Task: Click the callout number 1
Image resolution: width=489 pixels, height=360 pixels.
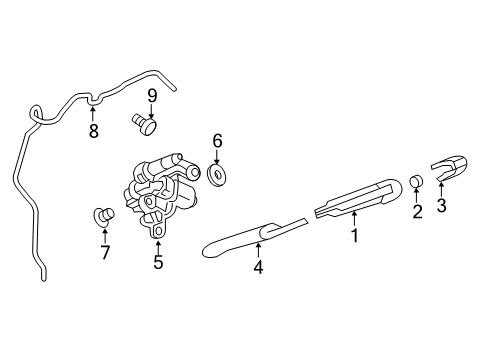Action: click(353, 237)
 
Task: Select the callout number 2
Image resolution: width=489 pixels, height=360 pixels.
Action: click(417, 211)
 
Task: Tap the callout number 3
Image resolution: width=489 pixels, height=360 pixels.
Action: click(441, 207)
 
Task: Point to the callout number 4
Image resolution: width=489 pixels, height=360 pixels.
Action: click(257, 267)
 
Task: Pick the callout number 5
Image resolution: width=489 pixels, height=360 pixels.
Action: click(158, 263)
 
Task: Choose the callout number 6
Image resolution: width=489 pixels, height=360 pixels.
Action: click(217, 143)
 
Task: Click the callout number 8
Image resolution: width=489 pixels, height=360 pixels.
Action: click(94, 131)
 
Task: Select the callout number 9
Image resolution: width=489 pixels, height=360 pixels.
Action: click(152, 96)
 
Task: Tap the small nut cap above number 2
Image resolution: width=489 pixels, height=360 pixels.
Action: click(416, 181)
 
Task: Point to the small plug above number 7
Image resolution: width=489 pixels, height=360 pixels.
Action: click(102, 214)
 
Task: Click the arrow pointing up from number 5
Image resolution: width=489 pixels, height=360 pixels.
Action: click(158, 244)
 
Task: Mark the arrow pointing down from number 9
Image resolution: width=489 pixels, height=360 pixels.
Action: click(152, 109)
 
